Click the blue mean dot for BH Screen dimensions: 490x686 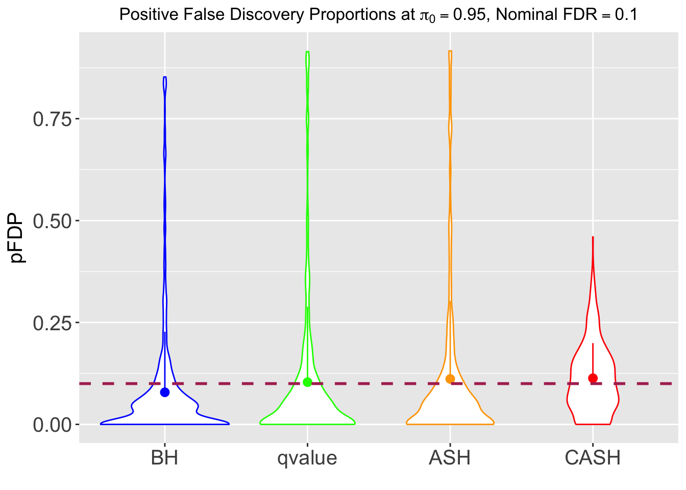(x=165, y=392)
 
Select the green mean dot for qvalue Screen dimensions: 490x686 (x=307, y=382)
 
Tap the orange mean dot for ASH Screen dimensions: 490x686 (x=450, y=379)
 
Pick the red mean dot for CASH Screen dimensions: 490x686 (x=593, y=378)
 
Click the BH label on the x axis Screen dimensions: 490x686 (x=165, y=458)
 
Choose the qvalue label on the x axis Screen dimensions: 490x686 (x=307, y=458)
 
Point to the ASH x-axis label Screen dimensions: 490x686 (x=450, y=458)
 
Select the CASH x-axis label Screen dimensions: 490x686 (x=593, y=458)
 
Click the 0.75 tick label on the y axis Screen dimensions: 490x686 (x=53, y=119)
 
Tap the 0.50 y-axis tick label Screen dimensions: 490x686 (x=53, y=221)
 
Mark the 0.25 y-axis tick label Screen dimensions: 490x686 (x=53, y=323)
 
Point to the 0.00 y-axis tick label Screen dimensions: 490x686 (x=53, y=425)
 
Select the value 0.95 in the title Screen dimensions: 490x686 (x=469, y=14)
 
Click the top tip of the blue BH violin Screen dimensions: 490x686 (x=165, y=77)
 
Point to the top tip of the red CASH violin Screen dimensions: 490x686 (x=593, y=237)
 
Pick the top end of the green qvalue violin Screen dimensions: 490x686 (x=307, y=52)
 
